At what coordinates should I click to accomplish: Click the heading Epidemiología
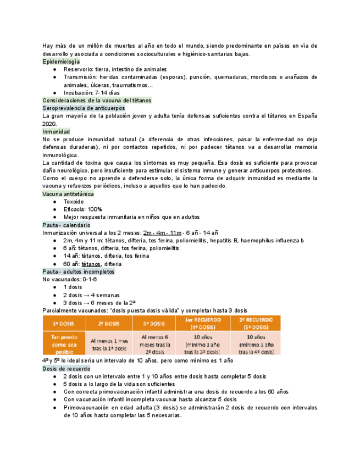61,62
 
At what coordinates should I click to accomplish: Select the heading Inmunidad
56,132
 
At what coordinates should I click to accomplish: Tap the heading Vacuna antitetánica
68,194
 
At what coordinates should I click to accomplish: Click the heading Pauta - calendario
66,225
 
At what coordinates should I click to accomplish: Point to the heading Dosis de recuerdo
65,369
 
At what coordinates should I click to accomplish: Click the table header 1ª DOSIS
64,323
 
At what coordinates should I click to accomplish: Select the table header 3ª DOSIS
154,323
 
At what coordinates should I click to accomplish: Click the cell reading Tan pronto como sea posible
64,343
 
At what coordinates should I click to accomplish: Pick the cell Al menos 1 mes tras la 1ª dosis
109,343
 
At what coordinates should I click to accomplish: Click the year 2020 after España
50,124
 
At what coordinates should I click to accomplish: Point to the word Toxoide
74,202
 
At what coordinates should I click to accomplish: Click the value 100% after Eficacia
95,209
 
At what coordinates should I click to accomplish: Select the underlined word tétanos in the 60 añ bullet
91,264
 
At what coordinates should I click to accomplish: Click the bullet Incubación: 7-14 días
91,93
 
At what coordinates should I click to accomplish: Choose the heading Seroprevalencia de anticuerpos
80,109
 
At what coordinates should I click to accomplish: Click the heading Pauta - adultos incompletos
78,271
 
